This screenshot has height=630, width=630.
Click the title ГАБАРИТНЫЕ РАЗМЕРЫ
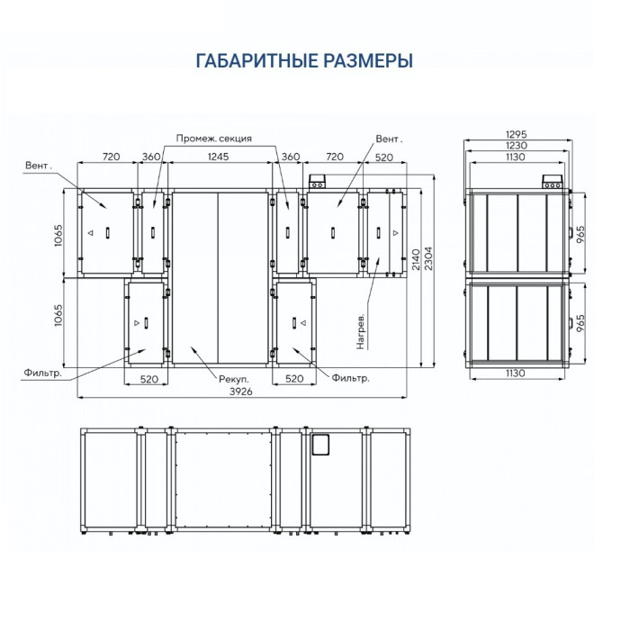304,60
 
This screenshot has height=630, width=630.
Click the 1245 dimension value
218,157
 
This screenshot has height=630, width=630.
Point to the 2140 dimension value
416,261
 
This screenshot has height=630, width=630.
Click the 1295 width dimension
516,134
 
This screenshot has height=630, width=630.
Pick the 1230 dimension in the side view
516,146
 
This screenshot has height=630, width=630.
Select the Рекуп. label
231,380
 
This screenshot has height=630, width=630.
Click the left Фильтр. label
43,372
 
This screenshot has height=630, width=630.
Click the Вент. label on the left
39,165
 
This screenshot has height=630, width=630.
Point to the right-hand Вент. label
389,139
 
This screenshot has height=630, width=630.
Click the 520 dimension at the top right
384,157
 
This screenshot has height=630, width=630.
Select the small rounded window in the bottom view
320,444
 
